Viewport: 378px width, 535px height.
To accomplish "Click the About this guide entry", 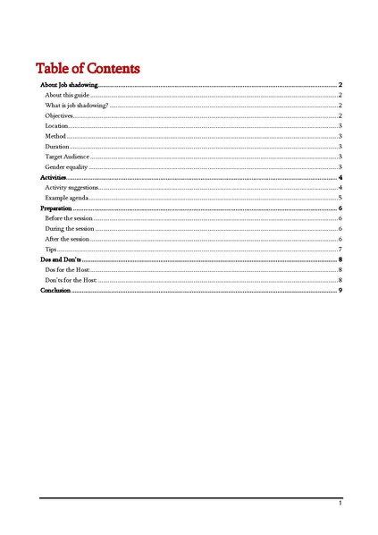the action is [x=67, y=95].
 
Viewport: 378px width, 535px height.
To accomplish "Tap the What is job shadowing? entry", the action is [x=76, y=106].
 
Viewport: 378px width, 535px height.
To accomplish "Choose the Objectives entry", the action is [x=59, y=116].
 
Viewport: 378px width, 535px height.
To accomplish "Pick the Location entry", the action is [x=56, y=126].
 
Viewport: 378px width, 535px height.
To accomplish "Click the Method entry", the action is [x=55, y=136].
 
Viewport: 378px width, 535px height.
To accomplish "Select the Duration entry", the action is [x=57, y=146].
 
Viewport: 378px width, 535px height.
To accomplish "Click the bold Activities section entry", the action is [x=54, y=179].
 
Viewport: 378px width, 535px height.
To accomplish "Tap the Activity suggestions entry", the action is [x=71, y=188].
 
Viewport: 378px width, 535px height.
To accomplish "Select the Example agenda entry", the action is [x=66, y=198].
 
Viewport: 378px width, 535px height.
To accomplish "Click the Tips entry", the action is [x=51, y=249].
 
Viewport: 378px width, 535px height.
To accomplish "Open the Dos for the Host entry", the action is [x=68, y=269].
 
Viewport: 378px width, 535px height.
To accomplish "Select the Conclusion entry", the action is [x=55, y=290].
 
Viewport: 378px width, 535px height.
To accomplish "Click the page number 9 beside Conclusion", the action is [x=340, y=290].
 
